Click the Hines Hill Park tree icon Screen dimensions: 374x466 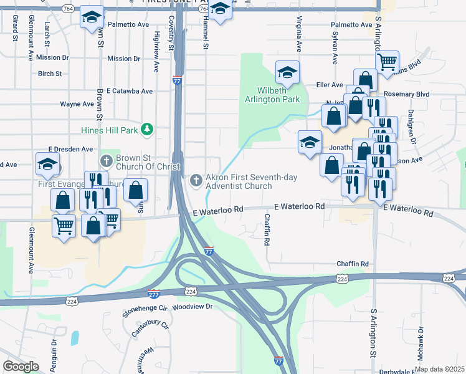(x=147, y=129)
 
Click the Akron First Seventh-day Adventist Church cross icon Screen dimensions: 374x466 (x=196, y=181)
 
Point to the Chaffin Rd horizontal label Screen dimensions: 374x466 (x=353, y=264)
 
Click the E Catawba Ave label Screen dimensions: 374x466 (x=130, y=91)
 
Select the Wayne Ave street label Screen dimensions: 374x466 (x=77, y=104)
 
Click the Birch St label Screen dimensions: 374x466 (x=50, y=74)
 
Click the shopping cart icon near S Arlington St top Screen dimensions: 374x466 (x=387, y=62)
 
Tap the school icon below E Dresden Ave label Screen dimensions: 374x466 (x=47, y=165)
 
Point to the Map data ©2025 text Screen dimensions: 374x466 (x=439, y=369)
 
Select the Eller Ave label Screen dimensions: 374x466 (x=330, y=85)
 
